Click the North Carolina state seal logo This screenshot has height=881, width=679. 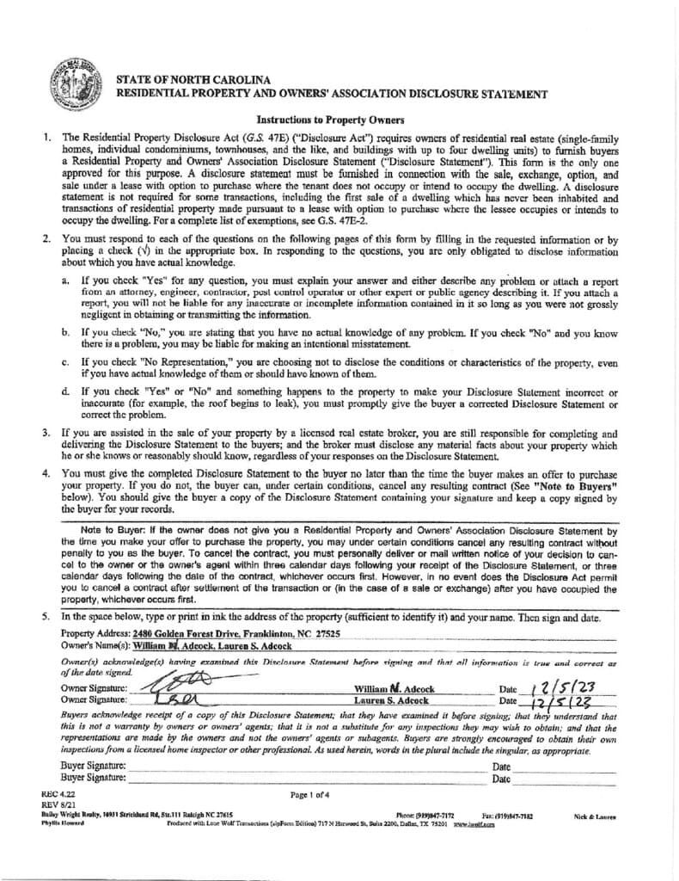pos(76,80)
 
